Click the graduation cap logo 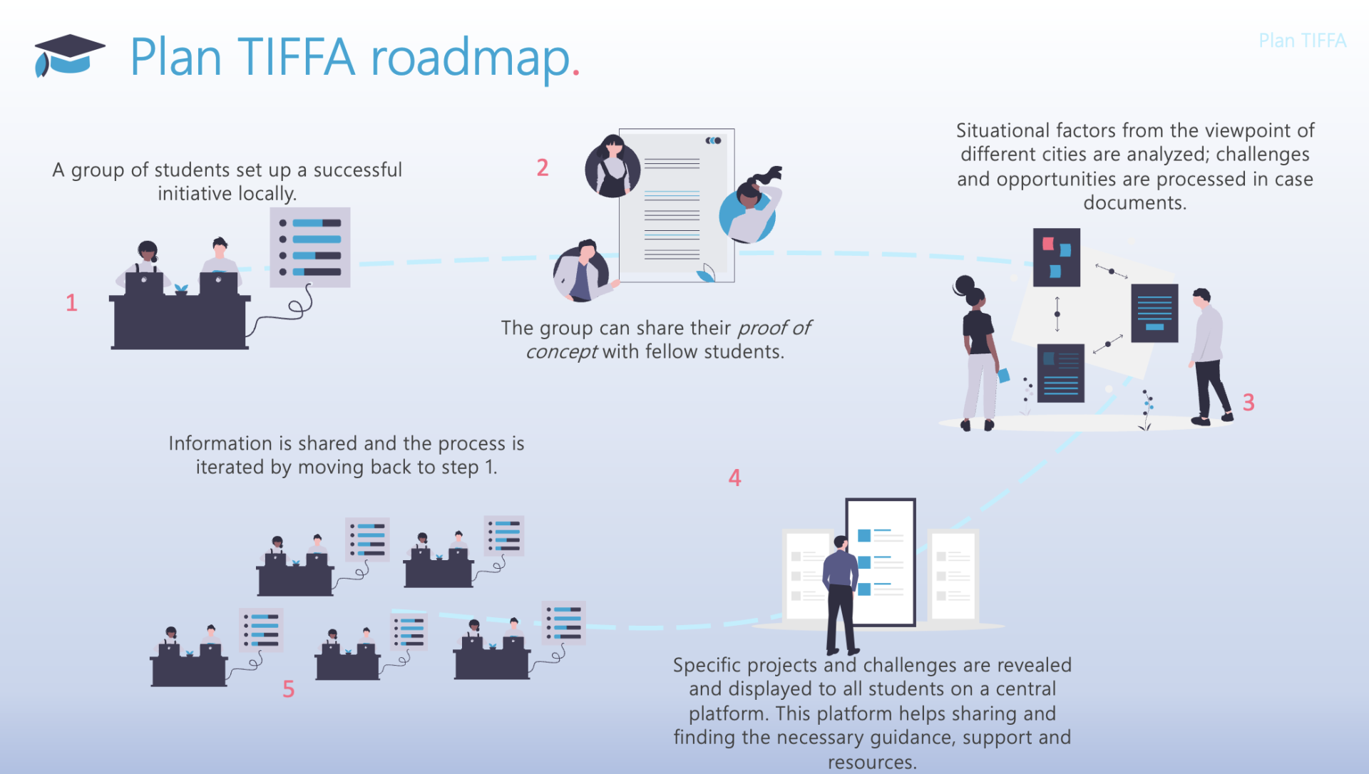[68, 55]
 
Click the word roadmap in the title [471, 57]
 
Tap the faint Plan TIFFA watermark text [1302, 41]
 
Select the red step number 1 [71, 303]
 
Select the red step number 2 [543, 167]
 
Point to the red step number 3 [1248, 402]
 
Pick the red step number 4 [734, 478]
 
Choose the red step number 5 [288, 689]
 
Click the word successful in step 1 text [357, 170]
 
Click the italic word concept [561, 351]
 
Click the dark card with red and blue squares [1056, 257]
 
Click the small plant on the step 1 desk [181, 289]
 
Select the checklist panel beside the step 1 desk [310, 247]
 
